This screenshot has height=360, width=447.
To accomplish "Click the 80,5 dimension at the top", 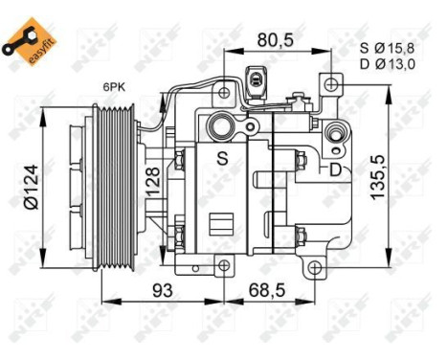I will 276,41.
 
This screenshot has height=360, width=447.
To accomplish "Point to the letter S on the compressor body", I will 221,157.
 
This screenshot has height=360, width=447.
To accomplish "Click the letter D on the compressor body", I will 334,170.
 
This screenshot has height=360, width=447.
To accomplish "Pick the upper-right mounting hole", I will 329,84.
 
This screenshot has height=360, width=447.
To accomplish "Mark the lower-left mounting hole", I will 224,267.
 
